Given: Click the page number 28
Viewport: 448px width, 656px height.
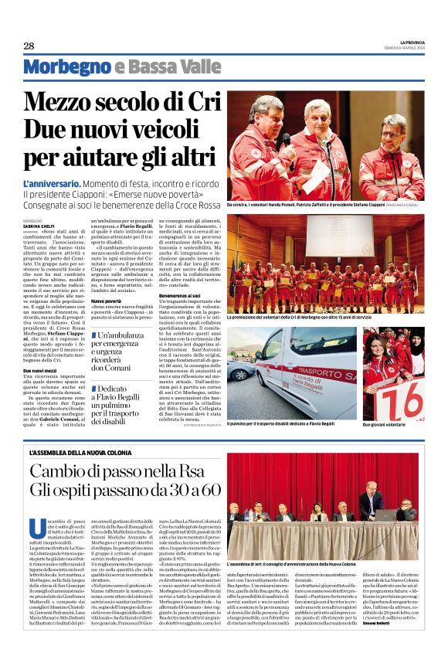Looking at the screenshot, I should [29, 46].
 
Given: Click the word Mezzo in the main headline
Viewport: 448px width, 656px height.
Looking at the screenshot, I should [63, 103].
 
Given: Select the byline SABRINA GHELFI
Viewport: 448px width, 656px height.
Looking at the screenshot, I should [39, 225].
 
